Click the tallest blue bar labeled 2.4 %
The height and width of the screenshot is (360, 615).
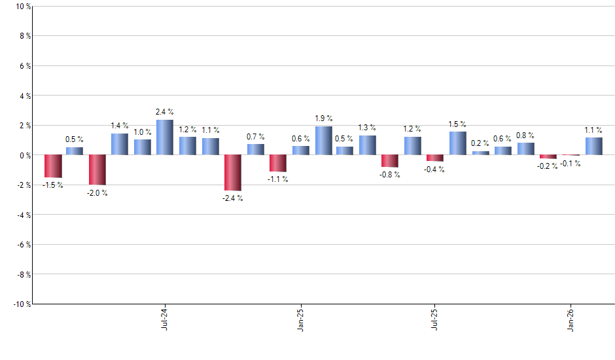pyautogui.click(x=165, y=137)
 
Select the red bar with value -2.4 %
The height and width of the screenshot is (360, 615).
pyautogui.click(x=233, y=173)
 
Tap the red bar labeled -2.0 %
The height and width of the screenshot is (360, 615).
pyautogui.click(x=97, y=170)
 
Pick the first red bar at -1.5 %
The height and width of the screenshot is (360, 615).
pyautogui.click(x=53, y=166)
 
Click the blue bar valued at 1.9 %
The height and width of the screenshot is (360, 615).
pyautogui.click(x=323, y=141)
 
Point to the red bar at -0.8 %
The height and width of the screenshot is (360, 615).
pyautogui.click(x=390, y=161)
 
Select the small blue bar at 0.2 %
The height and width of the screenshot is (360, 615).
pyautogui.click(x=480, y=153)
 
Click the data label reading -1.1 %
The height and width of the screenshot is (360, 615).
pyautogui.click(x=278, y=179)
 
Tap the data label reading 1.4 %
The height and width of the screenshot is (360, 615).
pyautogui.click(x=120, y=125)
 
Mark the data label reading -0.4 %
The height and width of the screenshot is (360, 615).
pyautogui.click(x=435, y=169)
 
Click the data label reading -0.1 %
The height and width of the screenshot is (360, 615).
pyautogui.click(x=571, y=163)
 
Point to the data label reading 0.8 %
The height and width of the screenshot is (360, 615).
pyautogui.click(x=525, y=135)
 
